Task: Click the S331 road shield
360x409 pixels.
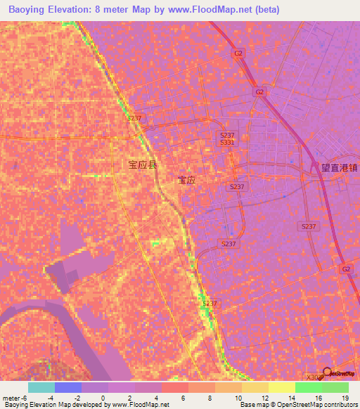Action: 227,142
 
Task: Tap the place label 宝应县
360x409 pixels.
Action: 143,165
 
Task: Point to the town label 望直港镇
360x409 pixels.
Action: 340,168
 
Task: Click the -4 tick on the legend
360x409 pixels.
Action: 49,398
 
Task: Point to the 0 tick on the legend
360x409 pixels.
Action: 103,398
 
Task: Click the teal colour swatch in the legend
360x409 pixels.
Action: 41,387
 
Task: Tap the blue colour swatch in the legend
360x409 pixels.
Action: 68,387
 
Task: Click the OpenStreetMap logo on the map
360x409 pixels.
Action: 341,373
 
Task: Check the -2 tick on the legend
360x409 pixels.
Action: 77,398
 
